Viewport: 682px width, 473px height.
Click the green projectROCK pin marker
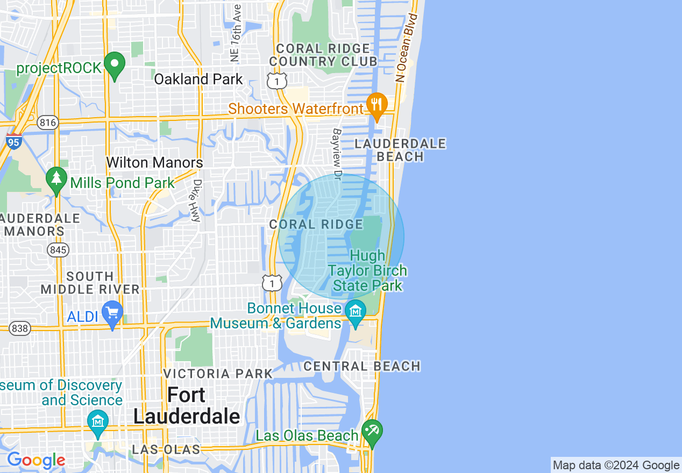pyautogui.click(x=114, y=64)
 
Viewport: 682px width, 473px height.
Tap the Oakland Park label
pyautogui.click(x=198, y=79)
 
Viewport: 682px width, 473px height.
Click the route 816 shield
pyautogui.click(x=48, y=123)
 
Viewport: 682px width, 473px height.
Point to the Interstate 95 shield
pyautogui.click(x=14, y=142)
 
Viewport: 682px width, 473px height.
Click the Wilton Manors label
pyautogui.click(x=154, y=162)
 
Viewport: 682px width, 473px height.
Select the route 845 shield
pyautogui.click(x=57, y=249)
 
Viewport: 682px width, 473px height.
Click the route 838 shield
pyautogui.click(x=20, y=328)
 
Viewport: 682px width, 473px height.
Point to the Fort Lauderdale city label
pyautogui.click(x=187, y=406)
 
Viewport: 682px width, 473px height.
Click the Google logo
pyautogui.click(x=36, y=460)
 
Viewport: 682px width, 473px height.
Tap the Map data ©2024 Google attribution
pyautogui.click(x=616, y=465)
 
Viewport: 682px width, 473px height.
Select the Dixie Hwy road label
pyautogui.click(x=196, y=200)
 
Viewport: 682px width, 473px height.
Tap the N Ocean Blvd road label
pyautogui.click(x=407, y=48)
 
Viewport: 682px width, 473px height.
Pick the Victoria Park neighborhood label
pyautogui.click(x=217, y=374)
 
